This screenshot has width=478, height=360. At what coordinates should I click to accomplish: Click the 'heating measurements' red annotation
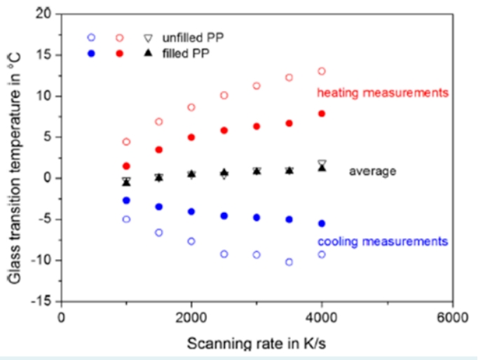pyautogui.click(x=383, y=92)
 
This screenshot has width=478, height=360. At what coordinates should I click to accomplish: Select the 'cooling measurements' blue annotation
pyautogui.click(x=383, y=242)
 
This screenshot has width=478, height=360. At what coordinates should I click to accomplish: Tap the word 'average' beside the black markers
pyautogui.click(x=373, y=171)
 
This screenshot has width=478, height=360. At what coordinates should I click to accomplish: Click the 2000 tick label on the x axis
pyautogui.click(x=191, y=317)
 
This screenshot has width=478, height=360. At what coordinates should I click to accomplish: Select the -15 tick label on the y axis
pyautogui.click(x=43, y=301)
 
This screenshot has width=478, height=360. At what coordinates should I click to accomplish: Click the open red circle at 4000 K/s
pyautogui.click(x=322, y=71)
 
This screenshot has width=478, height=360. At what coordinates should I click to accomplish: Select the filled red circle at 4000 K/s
pyautogui.click(x=322, y=113)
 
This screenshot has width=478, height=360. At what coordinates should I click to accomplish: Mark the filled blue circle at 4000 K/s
pyautogui.click(x=322, y=223)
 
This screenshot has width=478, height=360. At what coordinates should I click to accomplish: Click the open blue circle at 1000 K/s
pyautogui.click(x=126, y=219)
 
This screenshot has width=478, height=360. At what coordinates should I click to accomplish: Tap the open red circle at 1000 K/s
pyautogui.click(x=126, y=141)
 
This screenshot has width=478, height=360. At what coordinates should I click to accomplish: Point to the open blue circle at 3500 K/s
pyautogui.click(x=289, y=262)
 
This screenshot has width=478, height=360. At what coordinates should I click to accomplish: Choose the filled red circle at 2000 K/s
pyautogui.click(x=191, y=137)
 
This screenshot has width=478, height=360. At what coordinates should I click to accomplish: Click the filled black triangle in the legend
pyautogui.click(x=147, y=53)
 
